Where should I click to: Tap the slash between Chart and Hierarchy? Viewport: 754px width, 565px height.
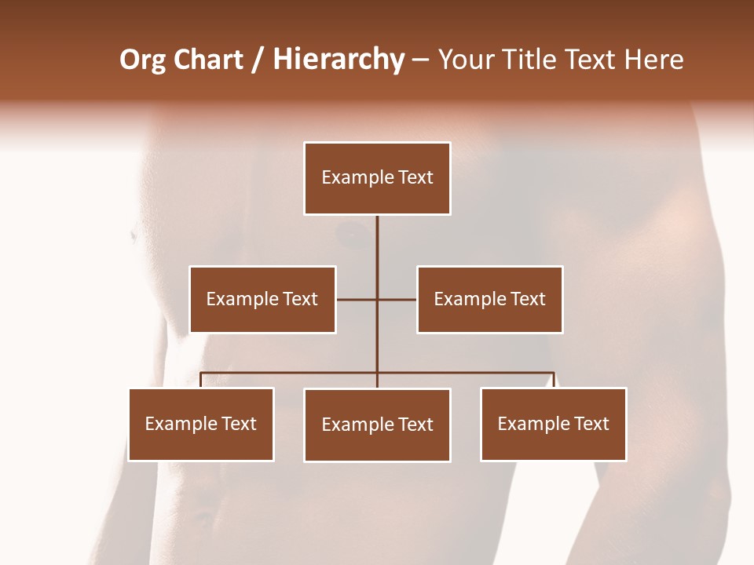tap(258, 60)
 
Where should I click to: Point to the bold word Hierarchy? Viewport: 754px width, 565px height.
tap(338, 60)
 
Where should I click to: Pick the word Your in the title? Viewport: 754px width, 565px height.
tap(466, 60)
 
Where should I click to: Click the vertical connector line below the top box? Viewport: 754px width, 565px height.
tap(377, 251)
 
